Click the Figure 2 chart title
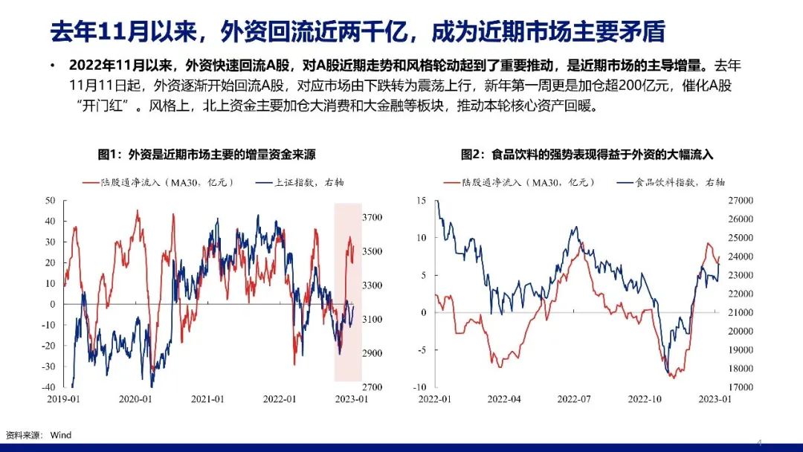(587, 155)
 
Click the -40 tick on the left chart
(50, 387)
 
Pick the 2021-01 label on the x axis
(207, 399)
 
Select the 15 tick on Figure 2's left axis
(422, 201)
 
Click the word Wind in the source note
(61, 435)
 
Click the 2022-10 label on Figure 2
(645, 399)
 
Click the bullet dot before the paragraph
(53, 66)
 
